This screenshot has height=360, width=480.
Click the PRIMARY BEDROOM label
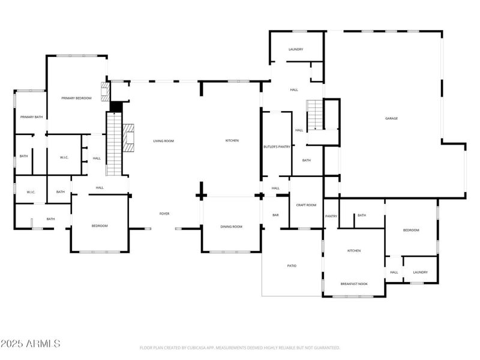click(76, 97)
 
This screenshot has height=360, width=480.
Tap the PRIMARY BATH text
click(31, 117)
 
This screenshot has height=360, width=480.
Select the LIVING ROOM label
click(163, 140)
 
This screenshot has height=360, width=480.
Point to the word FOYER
click(164, 214)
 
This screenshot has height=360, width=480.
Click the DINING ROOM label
click(231, 226)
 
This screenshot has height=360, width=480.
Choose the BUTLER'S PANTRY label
click(277, 146)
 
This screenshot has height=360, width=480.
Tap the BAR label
click(275, 214)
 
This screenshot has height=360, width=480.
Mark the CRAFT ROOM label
click(306, 205)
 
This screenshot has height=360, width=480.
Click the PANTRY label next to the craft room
click(331, 216)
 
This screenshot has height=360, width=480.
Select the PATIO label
click(292, 265)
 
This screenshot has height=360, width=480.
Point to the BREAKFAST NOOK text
click(354, 283)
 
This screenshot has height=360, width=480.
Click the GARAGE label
click(391, 118)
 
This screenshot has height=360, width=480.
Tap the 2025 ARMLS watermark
click(30, 344)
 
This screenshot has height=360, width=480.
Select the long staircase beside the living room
click(114, 144)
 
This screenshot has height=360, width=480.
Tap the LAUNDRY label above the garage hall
click(295, 49)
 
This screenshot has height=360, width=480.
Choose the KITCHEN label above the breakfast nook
click(354, 250)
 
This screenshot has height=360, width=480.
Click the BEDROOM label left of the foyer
click(100, 226)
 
